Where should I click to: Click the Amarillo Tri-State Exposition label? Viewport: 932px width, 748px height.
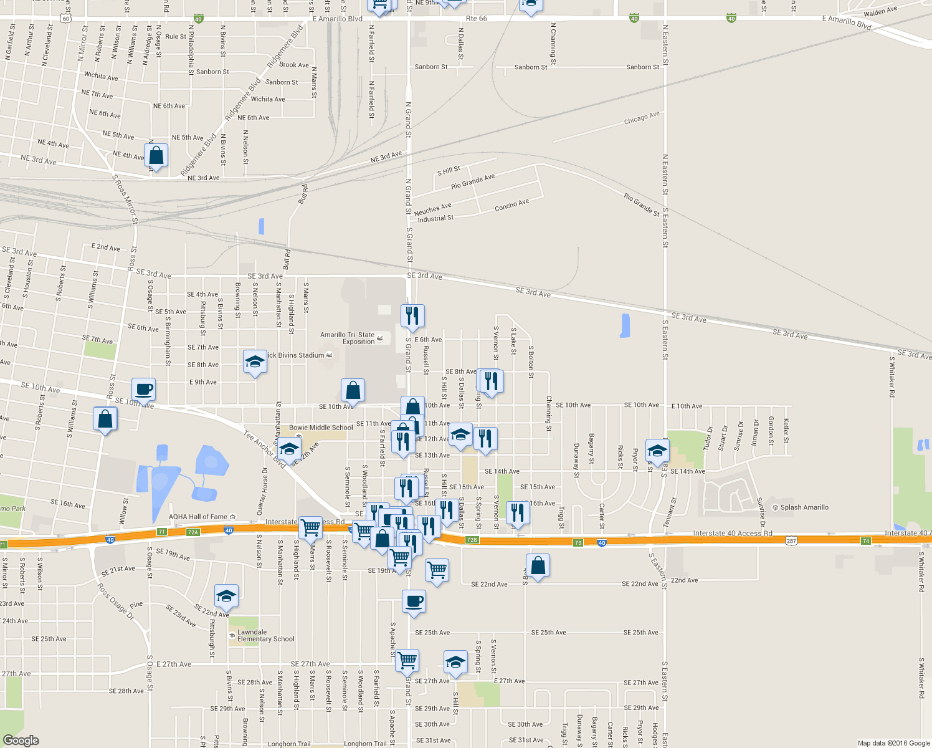coord(348,338)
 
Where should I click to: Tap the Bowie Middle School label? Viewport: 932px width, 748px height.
coord(321,428)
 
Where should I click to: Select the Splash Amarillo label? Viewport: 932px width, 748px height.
coord(804,507)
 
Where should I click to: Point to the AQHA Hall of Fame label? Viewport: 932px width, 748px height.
coord(198,517)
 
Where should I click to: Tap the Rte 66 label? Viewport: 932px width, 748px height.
coord(477,19)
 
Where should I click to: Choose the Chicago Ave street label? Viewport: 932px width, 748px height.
coord(642,118)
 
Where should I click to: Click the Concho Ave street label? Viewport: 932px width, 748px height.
coord(511,205)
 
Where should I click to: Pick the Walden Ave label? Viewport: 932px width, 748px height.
coord(880,12)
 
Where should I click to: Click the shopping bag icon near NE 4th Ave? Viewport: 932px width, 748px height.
coord(156,156)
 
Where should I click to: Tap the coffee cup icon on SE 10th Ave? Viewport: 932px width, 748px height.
coord(144,390)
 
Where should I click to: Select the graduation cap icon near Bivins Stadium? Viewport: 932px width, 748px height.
coord(254,362)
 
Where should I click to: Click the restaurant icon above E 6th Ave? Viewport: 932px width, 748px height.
coord(412,317)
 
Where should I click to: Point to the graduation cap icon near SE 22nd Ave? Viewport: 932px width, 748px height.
coord(226,597)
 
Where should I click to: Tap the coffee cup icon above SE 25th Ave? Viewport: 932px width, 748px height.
coord(414,602)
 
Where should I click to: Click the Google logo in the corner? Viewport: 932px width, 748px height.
coord(21,740)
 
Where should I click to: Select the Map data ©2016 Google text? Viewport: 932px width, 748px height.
coord(893,743)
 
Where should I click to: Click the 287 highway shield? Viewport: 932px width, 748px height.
coord(791,541)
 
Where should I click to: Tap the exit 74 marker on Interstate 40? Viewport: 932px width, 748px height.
coord(866,541)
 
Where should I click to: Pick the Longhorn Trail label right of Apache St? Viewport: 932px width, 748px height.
coord(365,744)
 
